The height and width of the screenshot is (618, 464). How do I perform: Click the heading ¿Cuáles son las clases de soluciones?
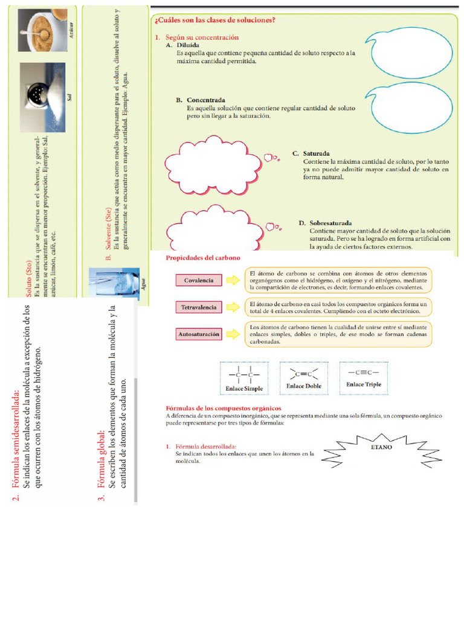pos(215,20)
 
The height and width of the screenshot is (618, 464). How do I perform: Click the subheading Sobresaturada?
pos(330,223)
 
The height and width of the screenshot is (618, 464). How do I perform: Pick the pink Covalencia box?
pos(199,281)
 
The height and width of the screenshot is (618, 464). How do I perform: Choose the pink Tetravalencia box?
pos(199,307)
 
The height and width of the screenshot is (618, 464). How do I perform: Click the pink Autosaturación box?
pos(199,334)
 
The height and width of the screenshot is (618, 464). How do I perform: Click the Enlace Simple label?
pos(244,389)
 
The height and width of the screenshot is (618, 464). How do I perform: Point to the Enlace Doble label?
pos(304,386)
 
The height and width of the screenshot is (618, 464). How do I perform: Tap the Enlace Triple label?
pos(364,384)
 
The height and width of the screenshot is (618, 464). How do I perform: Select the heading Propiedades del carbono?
pos(202,258)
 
